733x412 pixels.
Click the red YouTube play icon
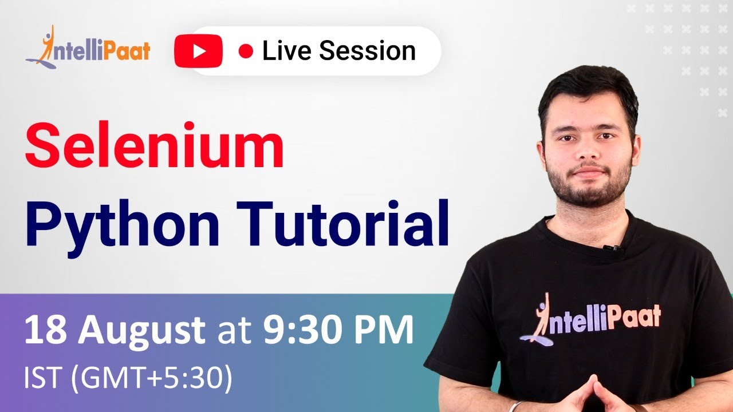tap(199, 51)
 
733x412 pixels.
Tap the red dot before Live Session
tap(246, 51)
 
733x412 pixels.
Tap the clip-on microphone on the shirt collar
tap(612, 248)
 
